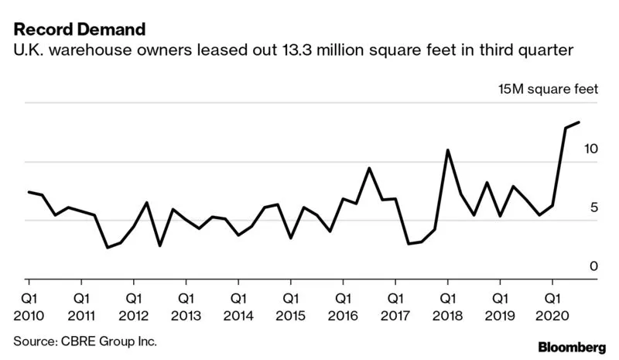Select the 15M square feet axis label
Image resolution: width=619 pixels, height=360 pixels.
click(x=548, y=90)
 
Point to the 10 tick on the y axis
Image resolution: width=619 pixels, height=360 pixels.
click(x=590, y=148)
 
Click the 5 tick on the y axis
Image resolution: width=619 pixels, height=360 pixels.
click(x=594, y=207)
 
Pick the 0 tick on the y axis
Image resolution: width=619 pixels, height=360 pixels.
click(x=594, y=266)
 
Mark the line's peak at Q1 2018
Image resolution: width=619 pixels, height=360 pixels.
click(x=448, y=150)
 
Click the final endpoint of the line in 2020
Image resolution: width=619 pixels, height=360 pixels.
click(x=579, y=122)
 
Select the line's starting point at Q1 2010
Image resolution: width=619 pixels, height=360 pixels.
click(x=29, y=192)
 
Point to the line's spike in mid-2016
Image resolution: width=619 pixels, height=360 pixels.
click(x=369, y=168)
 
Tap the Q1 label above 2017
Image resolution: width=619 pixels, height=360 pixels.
click(x=395, y=297)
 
